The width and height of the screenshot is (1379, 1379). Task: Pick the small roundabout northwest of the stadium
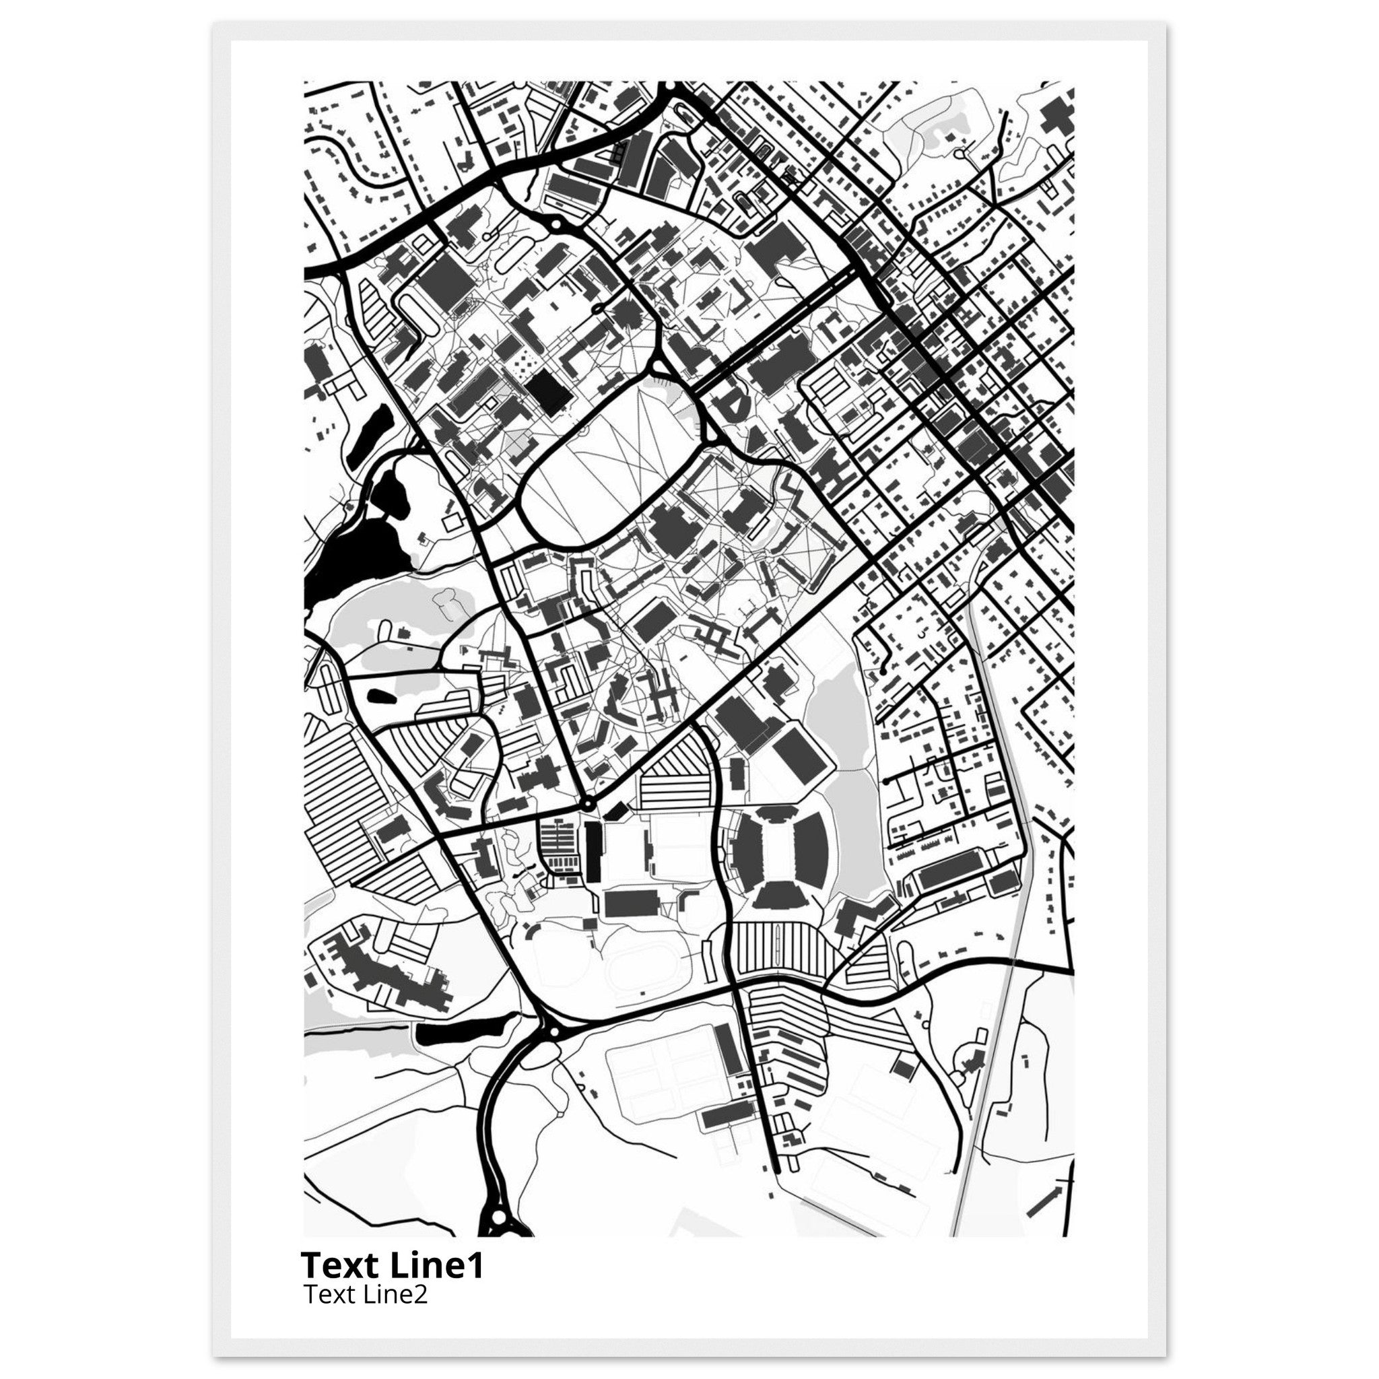click(x=586, y=805)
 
